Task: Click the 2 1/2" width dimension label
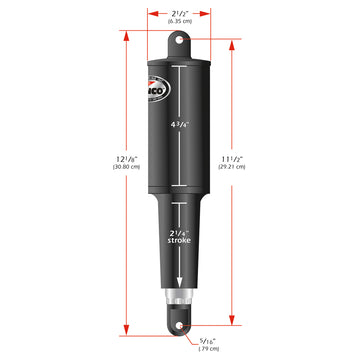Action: click(180, 12)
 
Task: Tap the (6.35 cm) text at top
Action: click(180, 22)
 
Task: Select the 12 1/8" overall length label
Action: click(40, 182)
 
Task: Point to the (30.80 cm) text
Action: click(40, 194)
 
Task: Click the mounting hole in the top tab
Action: click(180, 40)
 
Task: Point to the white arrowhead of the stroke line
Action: click(180, 284)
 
